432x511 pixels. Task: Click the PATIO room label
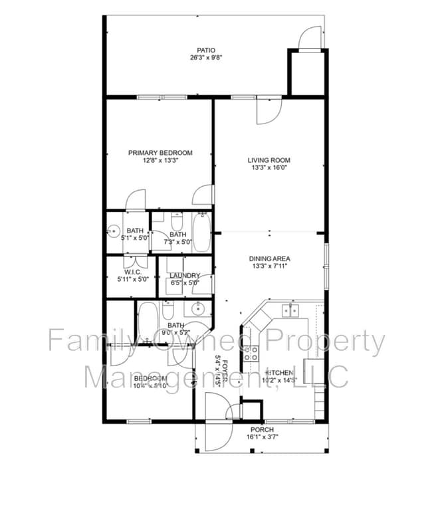(x=206, y=50)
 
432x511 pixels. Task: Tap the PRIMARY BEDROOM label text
(x=160, y=153)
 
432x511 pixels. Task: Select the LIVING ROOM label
(x=269, y=160)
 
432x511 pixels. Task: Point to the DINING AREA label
(x=269, y=258)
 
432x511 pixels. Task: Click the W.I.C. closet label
(x=132, y=272)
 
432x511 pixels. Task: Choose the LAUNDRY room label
(x=185, y=276)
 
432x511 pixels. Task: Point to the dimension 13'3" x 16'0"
(x=269, y=168)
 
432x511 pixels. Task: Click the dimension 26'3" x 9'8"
(x=206, y=58)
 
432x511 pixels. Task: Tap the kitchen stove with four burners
(x=252, y=353)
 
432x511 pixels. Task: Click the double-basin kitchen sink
(x=290, y=310)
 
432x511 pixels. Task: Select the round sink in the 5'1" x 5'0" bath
(x=111, y=232)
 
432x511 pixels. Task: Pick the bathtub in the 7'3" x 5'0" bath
(x=201, y=232)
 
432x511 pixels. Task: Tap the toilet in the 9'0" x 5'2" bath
(x=168, y=311)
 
